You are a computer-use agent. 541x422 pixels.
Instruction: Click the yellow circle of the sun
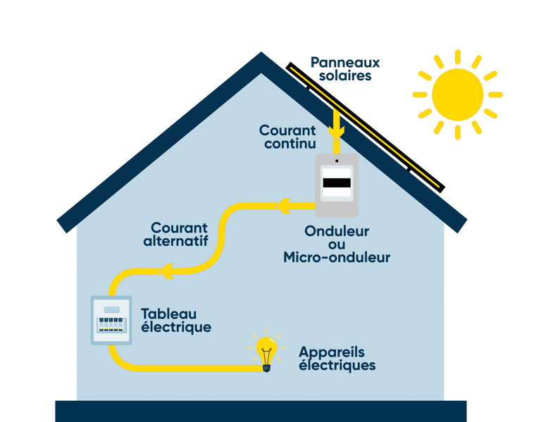pyautogui.click(x=457, y=94)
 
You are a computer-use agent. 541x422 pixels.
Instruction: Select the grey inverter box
pyautogui.click(x=337, y=185)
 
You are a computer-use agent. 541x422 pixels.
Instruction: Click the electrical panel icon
pyautogui.click(x=111, y=321)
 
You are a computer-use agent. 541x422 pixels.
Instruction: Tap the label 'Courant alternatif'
pyautogui.click(x=179, y=235)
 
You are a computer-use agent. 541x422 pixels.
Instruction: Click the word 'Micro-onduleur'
pyautogui.click(x=337, y=258)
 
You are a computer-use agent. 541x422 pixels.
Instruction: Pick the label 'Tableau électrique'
pyautogui.click(x=175, y=321)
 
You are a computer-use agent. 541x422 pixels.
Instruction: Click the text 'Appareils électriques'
pyautogui.click(x=337, y=359)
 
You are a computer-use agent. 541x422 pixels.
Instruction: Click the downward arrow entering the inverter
pyautogui.click(x=337, y=131)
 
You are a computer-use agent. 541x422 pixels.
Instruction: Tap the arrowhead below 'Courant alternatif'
pyautogui.click(x=166, y=271)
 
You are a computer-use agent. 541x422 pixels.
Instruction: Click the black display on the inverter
pyautogui.click(x=337, y=183)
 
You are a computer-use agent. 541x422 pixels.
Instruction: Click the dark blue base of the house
pyautogui.click(x=261, y=411)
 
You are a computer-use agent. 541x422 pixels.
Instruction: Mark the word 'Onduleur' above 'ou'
pyautogui.click(x=337, y=231)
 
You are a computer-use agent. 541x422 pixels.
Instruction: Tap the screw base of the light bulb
pyautogui.click(x=266, y=366)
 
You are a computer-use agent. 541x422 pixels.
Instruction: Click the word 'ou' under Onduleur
pyautogui.click(x=337, y=244)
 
